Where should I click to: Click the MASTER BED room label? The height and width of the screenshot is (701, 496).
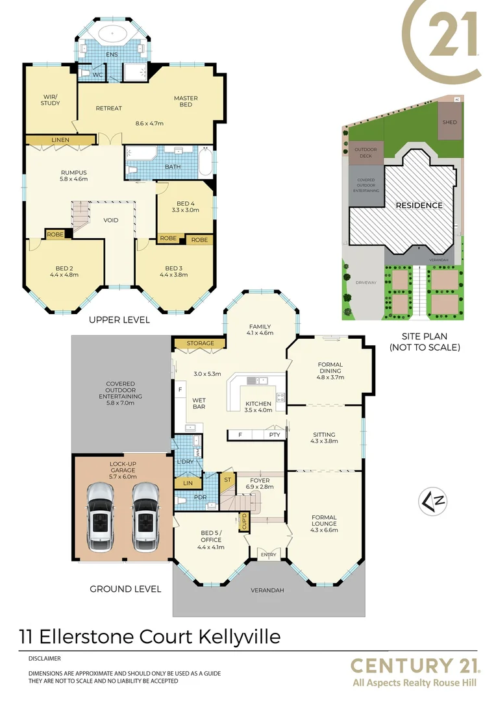(x=186, y=101)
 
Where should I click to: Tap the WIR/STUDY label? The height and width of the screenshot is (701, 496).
(x=50, y=100)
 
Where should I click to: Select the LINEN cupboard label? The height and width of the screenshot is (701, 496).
(x=60, y=140)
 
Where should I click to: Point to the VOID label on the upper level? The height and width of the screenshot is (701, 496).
(x=111, y=220)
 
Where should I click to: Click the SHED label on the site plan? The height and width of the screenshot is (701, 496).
(x=450, y=122)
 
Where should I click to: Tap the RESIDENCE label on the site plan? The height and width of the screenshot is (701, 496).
(x=419, y=206)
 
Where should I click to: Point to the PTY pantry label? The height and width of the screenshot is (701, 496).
(x=275, y=434)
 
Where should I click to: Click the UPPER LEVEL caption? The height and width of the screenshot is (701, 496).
(x=119, y=320)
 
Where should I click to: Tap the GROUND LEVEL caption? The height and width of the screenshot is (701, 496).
(x=125, y=589)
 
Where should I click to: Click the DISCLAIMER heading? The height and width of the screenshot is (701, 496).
(x=44, y=658)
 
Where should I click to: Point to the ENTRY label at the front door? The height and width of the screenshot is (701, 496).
(x=268, y=555)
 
